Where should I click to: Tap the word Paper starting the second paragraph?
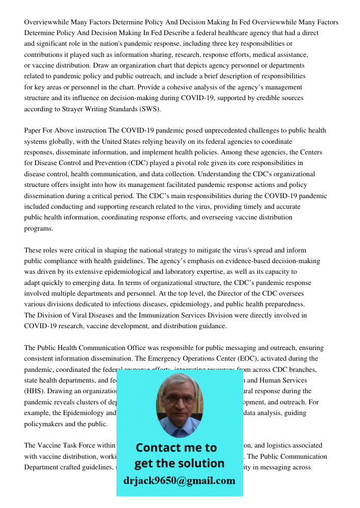point(34,131)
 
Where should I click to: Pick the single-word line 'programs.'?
point(39,228)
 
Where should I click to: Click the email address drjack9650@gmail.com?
point(179,481)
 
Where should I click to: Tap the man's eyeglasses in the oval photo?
point(179,399)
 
